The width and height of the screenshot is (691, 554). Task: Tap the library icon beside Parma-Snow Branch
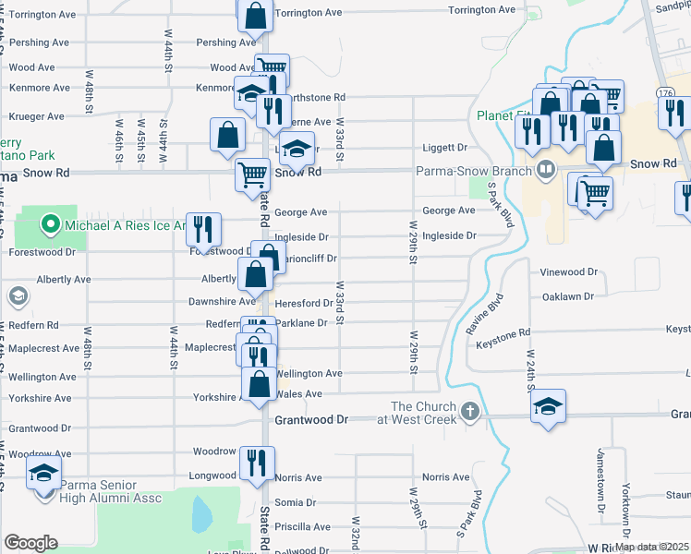pos(545,169)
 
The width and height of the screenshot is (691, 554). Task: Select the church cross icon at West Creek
pos(469,411)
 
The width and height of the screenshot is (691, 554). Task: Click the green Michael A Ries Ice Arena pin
pos(48,223)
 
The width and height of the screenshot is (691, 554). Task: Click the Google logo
pos(30,543)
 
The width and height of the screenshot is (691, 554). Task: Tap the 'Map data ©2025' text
pos(651,547)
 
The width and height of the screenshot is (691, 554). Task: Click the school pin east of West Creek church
pos(549,407)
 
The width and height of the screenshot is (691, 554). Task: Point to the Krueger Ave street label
pos(37,117)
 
